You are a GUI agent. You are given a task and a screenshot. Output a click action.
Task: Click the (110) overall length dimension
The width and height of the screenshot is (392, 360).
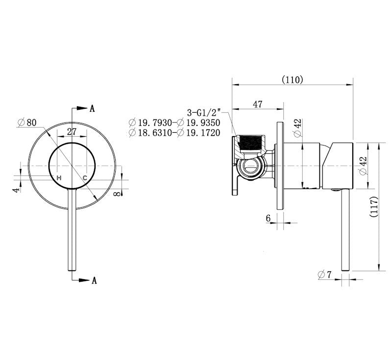tap(292, 80)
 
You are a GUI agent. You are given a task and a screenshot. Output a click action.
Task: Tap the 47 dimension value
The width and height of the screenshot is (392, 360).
tap(258, 104)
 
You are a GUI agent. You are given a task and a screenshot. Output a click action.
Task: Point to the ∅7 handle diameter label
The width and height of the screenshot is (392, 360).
tap(324, 275)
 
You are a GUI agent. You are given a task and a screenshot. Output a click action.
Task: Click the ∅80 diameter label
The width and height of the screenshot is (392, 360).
tap(27, 122)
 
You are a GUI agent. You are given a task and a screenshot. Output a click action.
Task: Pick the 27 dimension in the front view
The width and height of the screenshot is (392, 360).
tap(72, 131)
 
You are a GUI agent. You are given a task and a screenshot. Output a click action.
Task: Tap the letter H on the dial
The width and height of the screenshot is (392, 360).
tap(59, 178)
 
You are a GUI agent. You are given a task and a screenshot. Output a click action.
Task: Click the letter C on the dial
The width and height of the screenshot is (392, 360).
tap(85, 178)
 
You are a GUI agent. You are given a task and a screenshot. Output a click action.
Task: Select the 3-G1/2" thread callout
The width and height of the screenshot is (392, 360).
tap(204, 113)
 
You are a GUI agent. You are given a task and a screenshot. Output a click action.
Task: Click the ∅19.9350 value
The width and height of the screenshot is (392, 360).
tap(199, 122)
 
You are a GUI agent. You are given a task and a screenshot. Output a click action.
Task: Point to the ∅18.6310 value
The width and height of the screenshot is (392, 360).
tap(150, 133)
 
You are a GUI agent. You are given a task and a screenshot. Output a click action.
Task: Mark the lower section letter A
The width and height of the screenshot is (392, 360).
tap(94, 280)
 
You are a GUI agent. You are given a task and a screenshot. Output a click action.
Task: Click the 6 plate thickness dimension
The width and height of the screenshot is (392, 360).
tap(268, 218)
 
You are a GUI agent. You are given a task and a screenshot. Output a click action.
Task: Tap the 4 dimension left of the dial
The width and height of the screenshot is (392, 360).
tap(17, 190)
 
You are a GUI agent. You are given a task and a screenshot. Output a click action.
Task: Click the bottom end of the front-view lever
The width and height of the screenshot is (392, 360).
tap(72, 270)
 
